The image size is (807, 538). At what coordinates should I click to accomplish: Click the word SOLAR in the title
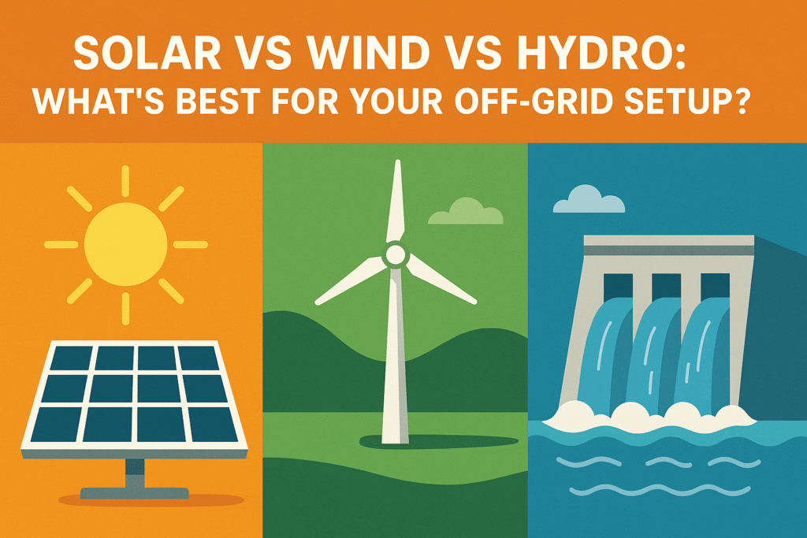click(x=147, y=53)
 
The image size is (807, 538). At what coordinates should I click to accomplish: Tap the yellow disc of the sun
click(x=126, y=244)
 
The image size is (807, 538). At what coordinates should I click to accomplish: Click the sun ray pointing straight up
click(x=125, y=180)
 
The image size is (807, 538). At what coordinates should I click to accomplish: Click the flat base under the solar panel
click(x=135, y=493)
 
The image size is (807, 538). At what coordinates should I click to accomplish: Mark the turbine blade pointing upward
click(x=396, y=201)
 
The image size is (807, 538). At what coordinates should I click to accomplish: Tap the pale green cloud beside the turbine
click(x=466, y=211)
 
